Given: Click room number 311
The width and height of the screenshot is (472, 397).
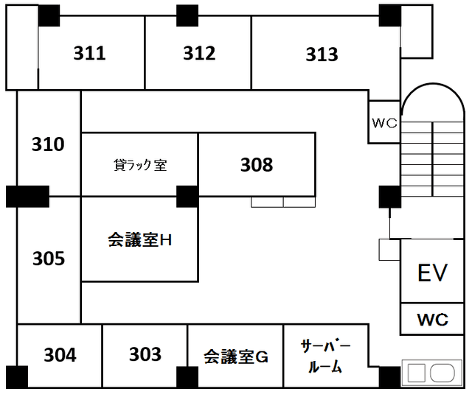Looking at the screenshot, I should [89, 53].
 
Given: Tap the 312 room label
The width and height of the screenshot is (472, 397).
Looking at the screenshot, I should [199, 53].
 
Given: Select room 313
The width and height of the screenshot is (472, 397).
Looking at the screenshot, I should [322, 55].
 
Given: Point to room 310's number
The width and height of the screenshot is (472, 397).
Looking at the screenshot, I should [48, 144].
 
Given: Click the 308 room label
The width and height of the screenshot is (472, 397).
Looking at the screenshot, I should [257, 165].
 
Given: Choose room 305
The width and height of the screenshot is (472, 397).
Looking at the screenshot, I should [49, 259].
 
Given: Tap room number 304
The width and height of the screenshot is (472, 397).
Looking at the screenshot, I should [60, 355].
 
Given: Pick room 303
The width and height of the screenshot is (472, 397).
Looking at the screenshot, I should [145, 355].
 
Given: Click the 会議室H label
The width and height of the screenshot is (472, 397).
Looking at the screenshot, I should [140, 239].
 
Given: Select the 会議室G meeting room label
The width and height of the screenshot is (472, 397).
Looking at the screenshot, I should [235, 358].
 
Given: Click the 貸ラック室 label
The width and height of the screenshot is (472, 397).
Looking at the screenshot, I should [140, 165].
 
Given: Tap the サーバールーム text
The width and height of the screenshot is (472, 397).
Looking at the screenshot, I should [324, 356].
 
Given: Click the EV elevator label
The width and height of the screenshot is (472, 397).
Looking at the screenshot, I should [433, 273].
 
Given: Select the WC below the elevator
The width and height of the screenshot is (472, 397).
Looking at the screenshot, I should [433, 320].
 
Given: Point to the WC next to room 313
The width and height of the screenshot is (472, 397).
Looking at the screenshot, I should [384, 123].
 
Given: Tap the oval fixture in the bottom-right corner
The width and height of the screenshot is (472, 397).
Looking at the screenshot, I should [443, 373].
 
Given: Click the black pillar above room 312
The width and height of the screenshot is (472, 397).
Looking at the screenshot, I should [187, 14].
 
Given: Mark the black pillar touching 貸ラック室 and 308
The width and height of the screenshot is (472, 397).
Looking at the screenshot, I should [187, 197].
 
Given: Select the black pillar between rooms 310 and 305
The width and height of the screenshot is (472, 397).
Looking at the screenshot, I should [27, 197].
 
